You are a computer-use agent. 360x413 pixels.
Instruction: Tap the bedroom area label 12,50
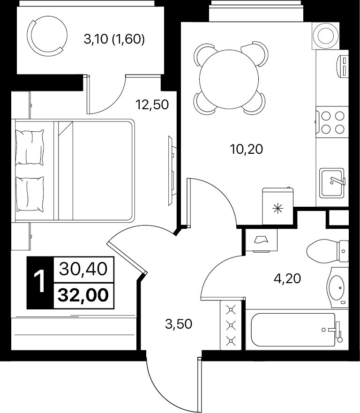152,105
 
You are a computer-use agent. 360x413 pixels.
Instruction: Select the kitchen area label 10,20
246,149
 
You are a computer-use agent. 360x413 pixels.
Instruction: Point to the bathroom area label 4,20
287,278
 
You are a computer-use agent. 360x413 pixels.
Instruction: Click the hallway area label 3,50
179,324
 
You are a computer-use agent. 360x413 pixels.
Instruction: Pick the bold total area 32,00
83,295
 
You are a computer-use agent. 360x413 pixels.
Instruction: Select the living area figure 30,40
83,269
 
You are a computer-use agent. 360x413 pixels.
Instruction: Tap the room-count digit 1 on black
40,282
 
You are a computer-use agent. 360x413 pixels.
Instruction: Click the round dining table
229,79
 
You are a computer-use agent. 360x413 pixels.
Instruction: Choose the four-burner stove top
332,122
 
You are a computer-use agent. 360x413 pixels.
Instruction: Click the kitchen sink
332,183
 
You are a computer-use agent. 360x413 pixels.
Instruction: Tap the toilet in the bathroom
328,250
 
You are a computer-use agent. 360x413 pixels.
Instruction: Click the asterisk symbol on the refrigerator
277,210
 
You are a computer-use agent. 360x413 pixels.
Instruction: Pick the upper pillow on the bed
30,147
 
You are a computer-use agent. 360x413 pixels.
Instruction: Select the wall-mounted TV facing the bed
172,171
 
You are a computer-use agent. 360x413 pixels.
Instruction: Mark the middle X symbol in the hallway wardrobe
231,325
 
